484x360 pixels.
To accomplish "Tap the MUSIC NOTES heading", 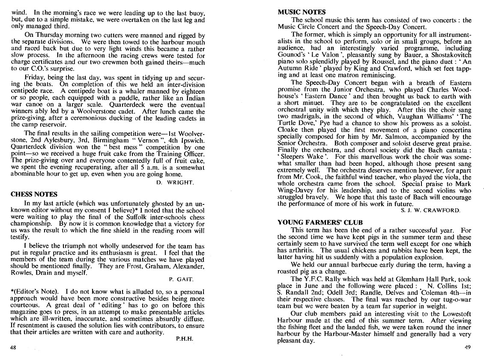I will [302, 12].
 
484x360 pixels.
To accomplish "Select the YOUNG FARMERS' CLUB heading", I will [320, 222].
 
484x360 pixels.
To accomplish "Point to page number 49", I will [468, 347].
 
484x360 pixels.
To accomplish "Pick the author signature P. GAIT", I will [181, 279].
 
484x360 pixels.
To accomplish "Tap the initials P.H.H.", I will [185, 338].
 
